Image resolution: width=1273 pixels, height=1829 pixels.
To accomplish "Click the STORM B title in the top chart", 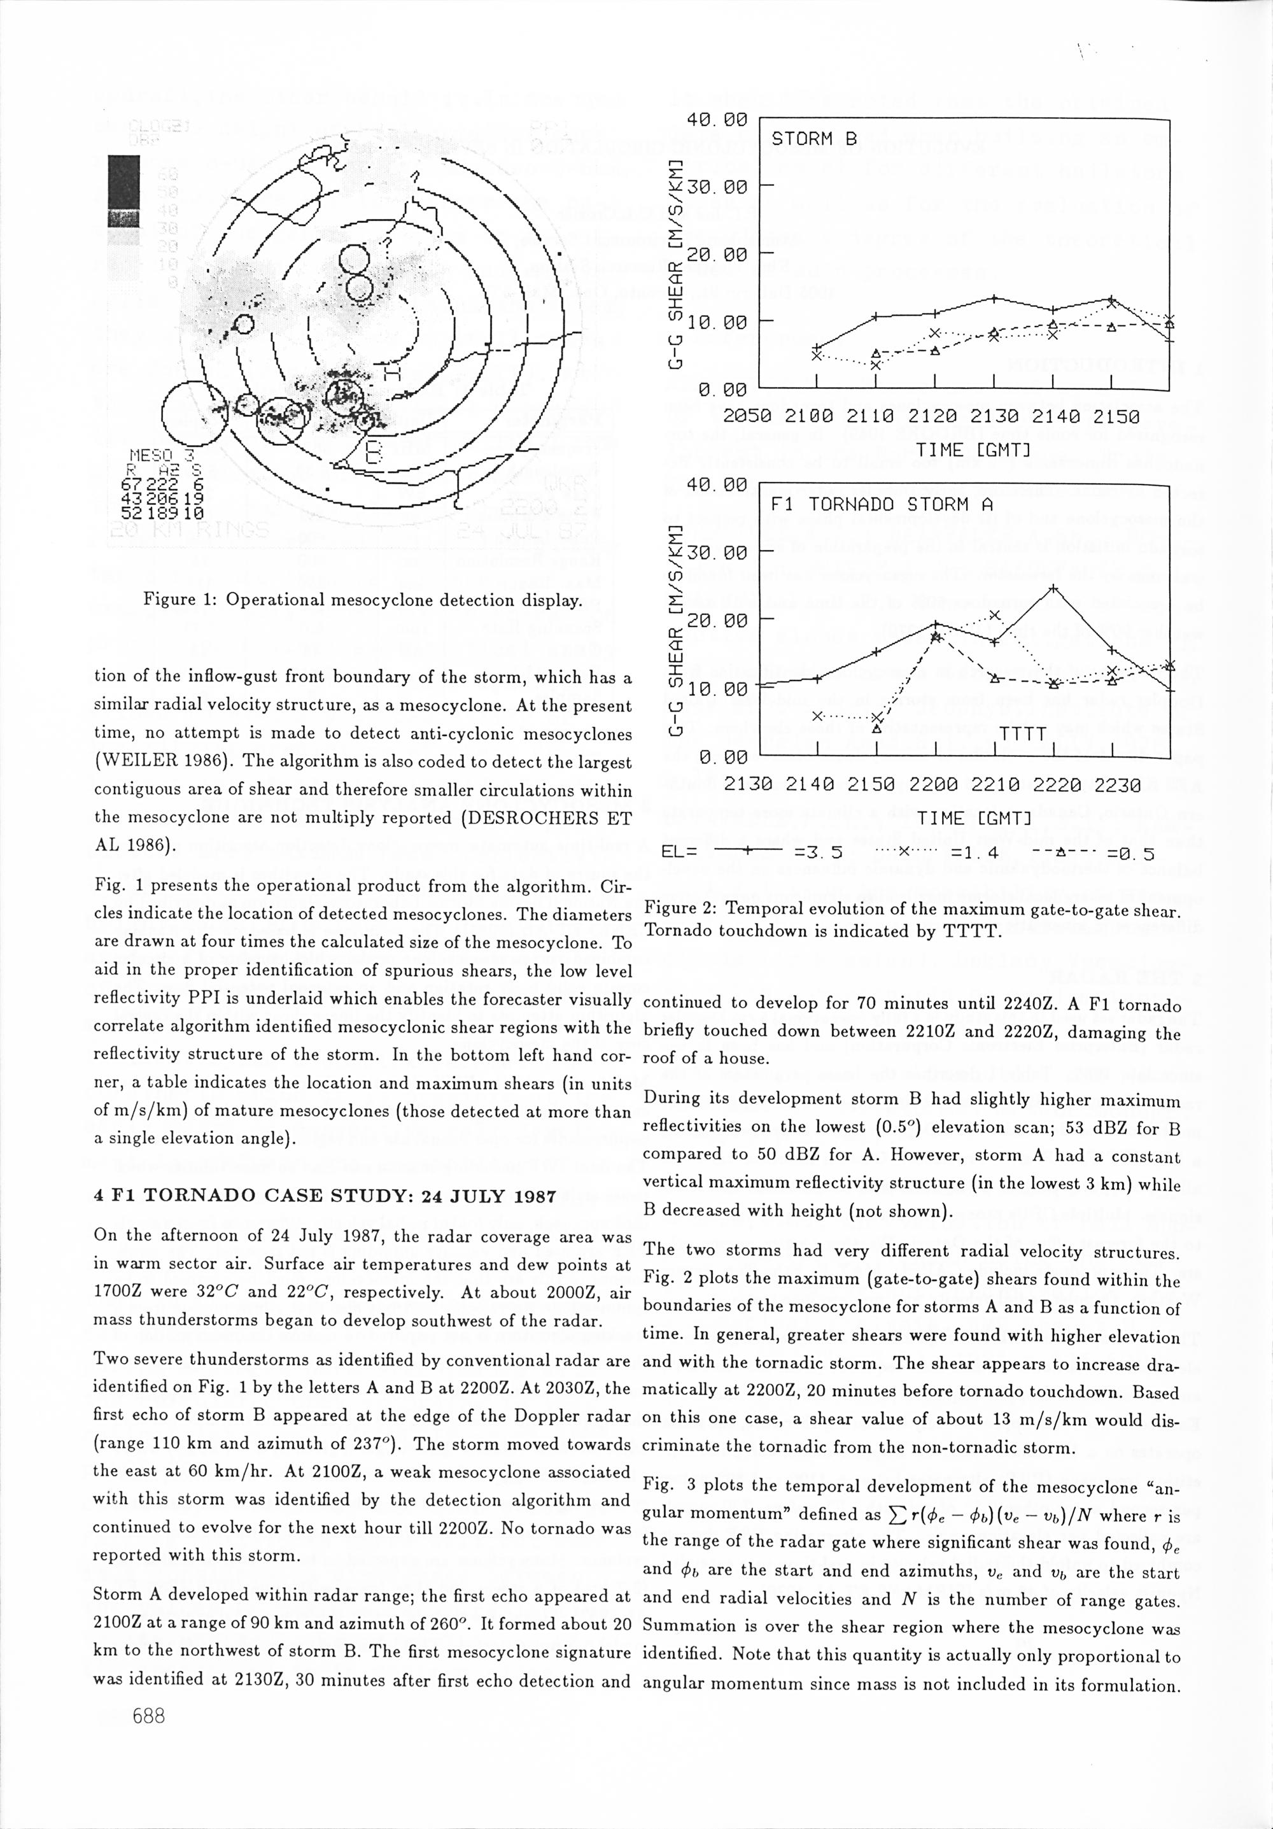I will [814, 139].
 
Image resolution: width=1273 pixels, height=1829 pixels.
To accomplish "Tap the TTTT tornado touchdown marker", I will [1022, 733].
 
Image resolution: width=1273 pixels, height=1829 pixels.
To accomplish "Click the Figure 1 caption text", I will [362, 600].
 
